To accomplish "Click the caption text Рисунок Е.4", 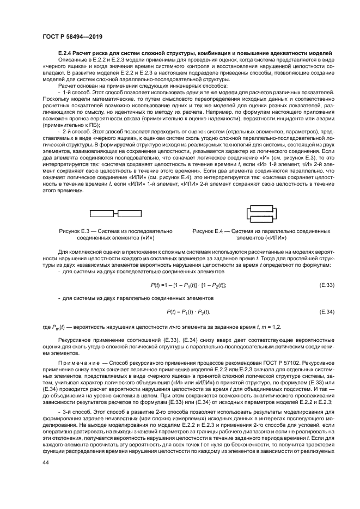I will tap(211, 232).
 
